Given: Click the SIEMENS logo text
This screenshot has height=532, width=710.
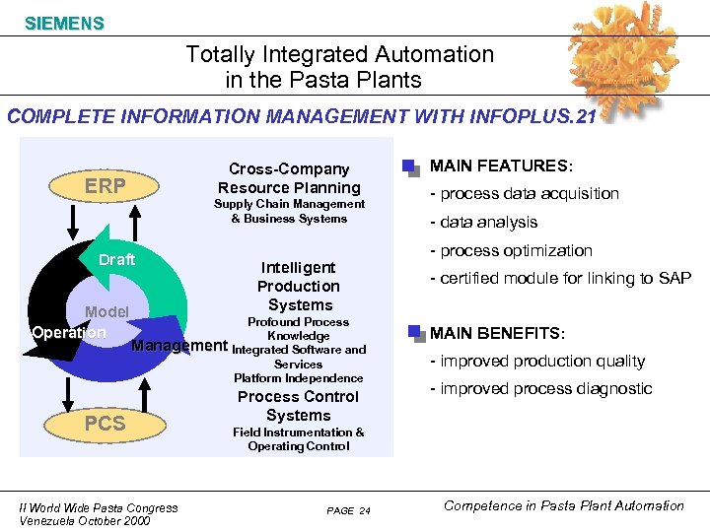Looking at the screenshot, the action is pyautogui.click(x=64, y=23).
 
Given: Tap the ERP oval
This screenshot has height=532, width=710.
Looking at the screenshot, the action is pyautogui.click(x=105, y=186).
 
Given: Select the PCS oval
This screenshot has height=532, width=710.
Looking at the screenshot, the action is pyautogui.click(x=105, y=423).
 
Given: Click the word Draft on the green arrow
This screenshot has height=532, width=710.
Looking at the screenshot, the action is pyautogui.click(x=116, y=260).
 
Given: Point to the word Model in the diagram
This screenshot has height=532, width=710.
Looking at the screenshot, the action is pyautogui.click(x=106, y=312).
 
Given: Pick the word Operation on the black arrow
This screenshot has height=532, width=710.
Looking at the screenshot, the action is pyautogui.click(x=68, y=332).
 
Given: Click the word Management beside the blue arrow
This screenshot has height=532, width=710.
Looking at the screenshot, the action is pyautogui.click(x=178, y=346).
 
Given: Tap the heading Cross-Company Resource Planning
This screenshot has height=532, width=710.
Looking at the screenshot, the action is pyautogui.click(x=289, y=178).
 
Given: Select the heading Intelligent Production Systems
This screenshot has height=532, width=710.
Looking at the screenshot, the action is pyautogui.click(x=298, y=286).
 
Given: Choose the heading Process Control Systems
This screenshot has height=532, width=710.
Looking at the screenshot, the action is pyautogui.click(x=298, y=406).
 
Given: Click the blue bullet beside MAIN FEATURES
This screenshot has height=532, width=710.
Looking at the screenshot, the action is pyautogui.click(x=410, y=166).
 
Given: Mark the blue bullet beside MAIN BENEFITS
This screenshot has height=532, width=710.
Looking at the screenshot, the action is pyautogui.click(x=414, y=332).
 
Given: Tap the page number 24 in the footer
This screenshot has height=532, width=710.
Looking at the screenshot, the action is pyautogui.click(x=364, y=511).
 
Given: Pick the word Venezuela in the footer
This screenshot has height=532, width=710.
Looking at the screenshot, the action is pyautogui.click(x=50, y=521).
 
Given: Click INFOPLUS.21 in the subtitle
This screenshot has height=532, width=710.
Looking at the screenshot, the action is pyautogui.click(x=548, y=117).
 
